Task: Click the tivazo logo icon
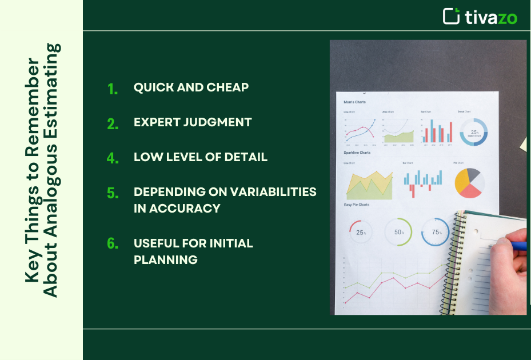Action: pos(452,16)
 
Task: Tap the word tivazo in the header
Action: pos(490,17)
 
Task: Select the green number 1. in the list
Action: pos(113,89)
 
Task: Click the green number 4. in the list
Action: pos(113,158)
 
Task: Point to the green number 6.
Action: pos(113,244)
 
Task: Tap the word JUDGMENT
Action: pos(219,122)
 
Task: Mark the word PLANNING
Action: pos(165,259)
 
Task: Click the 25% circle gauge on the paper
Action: pos(360,231)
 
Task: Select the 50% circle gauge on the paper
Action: pos(398,231)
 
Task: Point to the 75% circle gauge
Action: pos(435,231)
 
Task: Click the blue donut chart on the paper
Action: pos(473,132)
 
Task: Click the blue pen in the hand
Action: pos(518,246)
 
